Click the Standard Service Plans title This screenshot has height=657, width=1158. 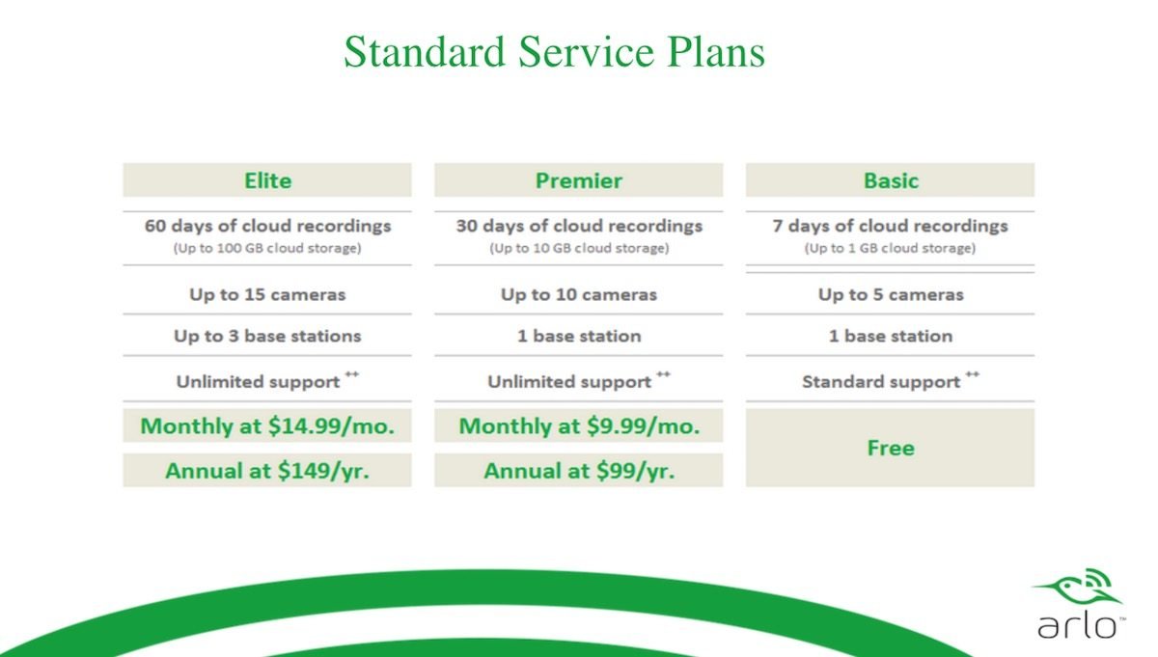554,52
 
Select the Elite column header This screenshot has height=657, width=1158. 267,180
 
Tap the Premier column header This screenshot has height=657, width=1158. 578,180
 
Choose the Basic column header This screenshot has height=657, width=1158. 891,180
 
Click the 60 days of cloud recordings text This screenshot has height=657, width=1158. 267,226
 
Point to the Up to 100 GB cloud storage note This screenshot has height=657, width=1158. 267,248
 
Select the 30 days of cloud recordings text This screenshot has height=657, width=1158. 579,226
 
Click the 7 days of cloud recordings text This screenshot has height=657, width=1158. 890,226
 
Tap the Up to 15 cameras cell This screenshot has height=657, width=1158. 267,294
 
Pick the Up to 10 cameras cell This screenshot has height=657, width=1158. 579,294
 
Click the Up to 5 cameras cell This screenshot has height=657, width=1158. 891,294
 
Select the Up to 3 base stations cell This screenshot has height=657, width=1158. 267,336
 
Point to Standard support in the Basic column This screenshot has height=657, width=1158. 881,382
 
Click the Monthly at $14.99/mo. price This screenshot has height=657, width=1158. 267,425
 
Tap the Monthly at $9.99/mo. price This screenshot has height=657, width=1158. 579,425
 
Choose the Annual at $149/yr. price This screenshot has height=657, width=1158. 267,471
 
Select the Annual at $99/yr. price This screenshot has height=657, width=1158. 579,471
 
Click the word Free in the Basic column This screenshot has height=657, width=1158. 891,449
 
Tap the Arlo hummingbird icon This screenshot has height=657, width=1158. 1079,588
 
